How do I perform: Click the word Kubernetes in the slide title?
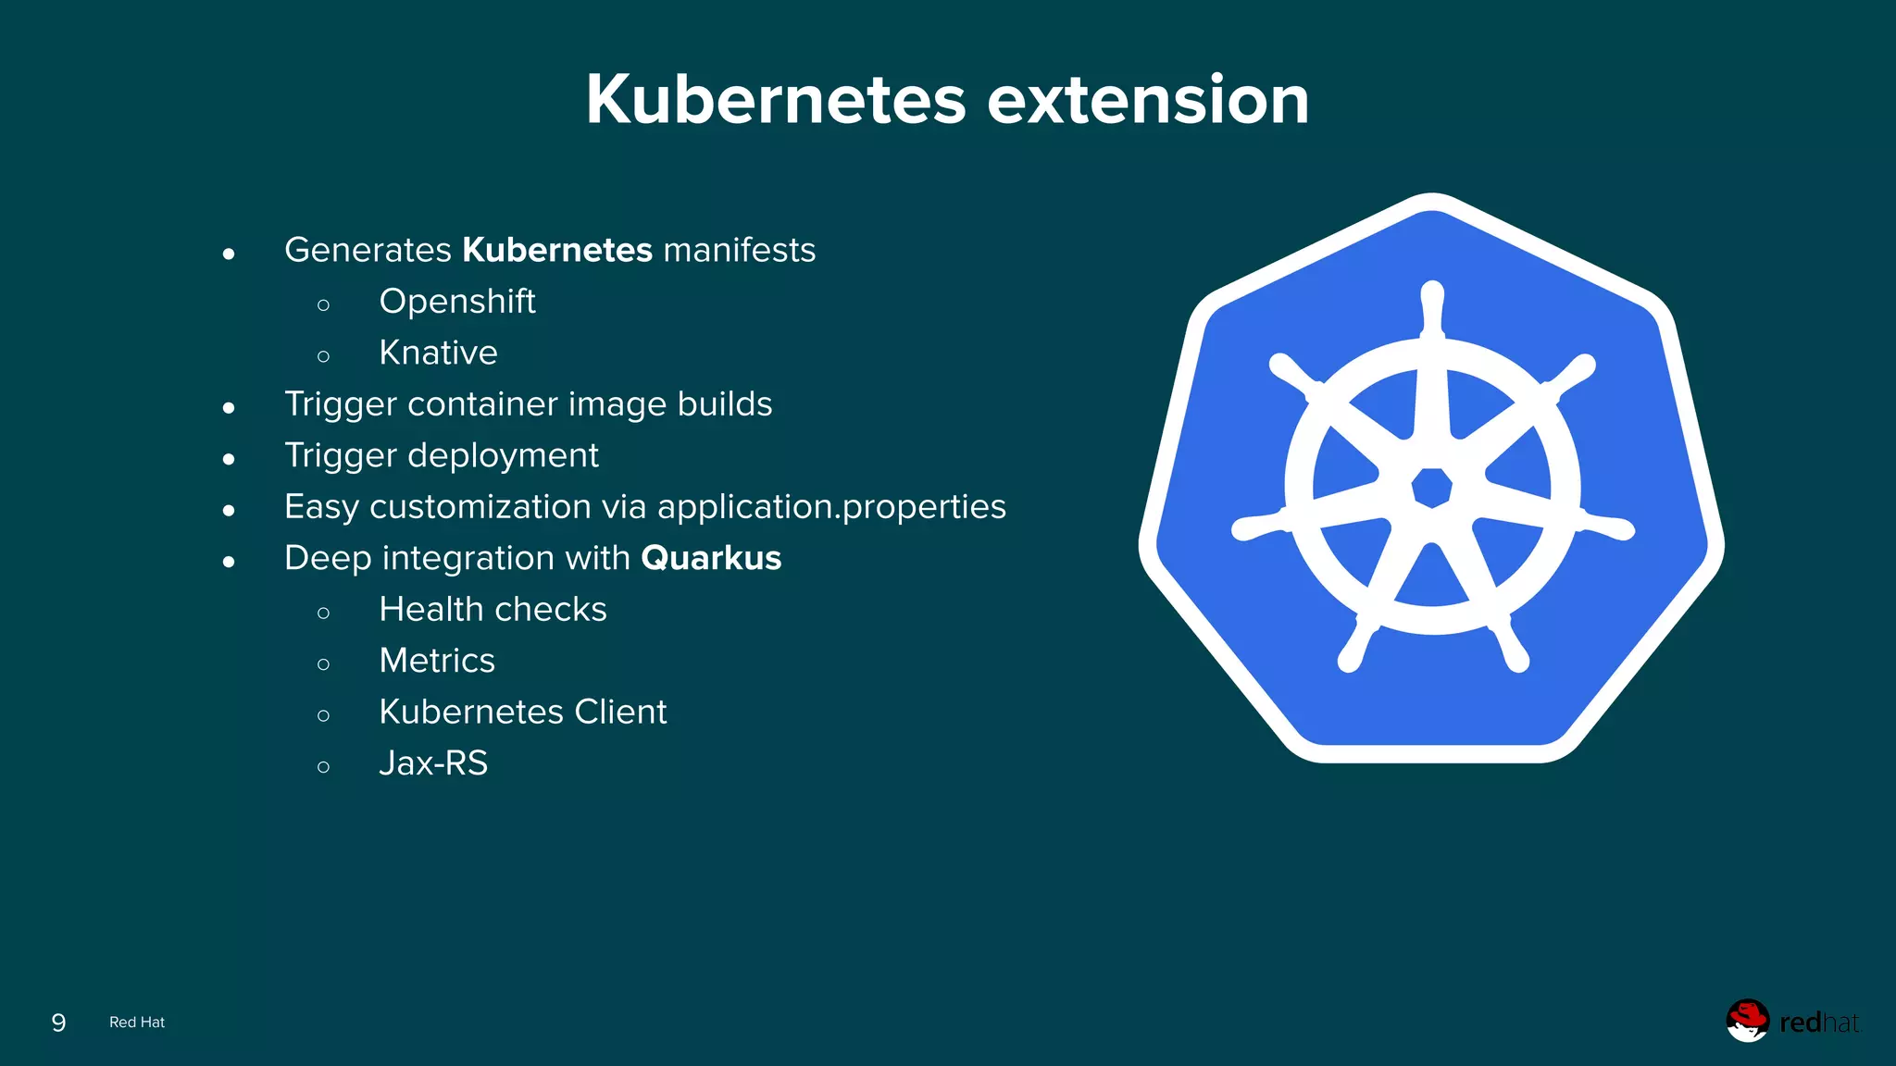tap(776, 100)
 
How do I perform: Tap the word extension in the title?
tap(1148, 100)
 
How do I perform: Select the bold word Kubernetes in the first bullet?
tap(557, 250)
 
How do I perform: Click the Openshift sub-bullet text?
tap(457, 302)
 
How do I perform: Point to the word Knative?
tap(438, 353)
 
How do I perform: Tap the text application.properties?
tap(831, 507)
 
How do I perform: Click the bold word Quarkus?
tap(711, 558)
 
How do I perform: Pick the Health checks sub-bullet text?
tap(493, 610)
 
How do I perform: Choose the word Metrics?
tap(437, 661)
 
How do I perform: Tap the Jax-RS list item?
tap(433, 763)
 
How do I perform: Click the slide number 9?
tap(58, 1023)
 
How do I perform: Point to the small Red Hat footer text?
tap(137, 1023)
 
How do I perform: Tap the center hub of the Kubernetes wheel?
tap(1432, 487)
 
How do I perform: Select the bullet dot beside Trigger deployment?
tap(229, 459)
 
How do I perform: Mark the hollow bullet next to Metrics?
tap(323, 663)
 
